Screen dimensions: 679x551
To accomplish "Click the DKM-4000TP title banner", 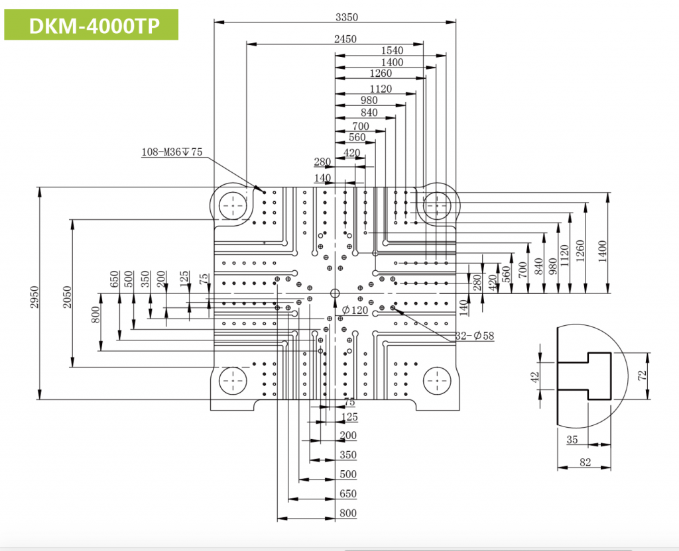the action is [92, 25].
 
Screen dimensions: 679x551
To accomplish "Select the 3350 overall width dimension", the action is [347, 17].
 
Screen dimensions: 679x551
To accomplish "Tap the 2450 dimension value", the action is [345, 39].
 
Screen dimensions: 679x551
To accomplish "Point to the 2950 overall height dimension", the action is [35, 297].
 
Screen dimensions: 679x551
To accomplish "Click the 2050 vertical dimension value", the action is [68, 297].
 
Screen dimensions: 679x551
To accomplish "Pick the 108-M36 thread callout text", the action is [172, 152].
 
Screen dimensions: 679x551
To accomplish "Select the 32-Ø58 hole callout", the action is [475, 336].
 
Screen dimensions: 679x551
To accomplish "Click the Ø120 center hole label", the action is [355, 310].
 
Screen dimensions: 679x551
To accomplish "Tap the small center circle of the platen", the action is [335, 293].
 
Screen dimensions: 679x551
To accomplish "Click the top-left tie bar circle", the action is [233, 206].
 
